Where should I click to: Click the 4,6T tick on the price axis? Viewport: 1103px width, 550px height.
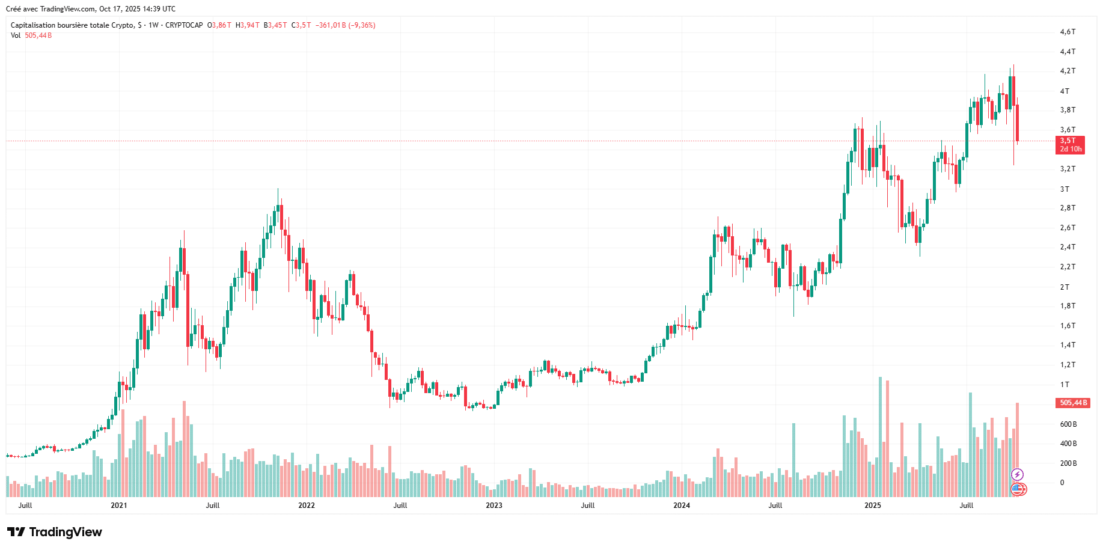pos(1068,32)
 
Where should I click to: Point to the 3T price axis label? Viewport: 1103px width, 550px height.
pos(1065,189)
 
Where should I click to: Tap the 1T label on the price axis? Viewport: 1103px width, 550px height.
pos(1065,385)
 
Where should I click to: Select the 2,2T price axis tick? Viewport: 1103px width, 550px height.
pos(1068,267)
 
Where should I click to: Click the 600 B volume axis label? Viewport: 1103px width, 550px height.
pos(1068,424)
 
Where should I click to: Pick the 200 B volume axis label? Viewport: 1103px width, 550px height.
pos(1068,463)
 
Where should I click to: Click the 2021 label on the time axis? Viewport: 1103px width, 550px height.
pos(119,506)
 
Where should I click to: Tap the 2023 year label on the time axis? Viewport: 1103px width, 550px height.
pos(494,506)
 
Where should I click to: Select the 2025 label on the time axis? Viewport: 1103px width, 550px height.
pos(873,506)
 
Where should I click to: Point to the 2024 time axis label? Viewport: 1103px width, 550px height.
pos(682,506)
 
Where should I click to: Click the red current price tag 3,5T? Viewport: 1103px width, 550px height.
pos(1070,145)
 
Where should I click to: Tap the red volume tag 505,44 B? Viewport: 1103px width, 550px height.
pos(1073,403)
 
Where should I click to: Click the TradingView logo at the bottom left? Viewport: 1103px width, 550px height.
pos(55,532)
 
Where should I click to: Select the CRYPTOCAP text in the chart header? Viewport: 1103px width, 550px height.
pos(184,25)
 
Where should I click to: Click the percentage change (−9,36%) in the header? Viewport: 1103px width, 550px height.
pos(362,25)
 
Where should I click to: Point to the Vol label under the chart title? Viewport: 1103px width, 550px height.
pos(16,35)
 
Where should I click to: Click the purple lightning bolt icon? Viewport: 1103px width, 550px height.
pos(1017,475)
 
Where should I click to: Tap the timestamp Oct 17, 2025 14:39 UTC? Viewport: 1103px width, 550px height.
pos(138,9)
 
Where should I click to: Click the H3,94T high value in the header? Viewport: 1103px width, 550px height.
pos(248,25)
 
